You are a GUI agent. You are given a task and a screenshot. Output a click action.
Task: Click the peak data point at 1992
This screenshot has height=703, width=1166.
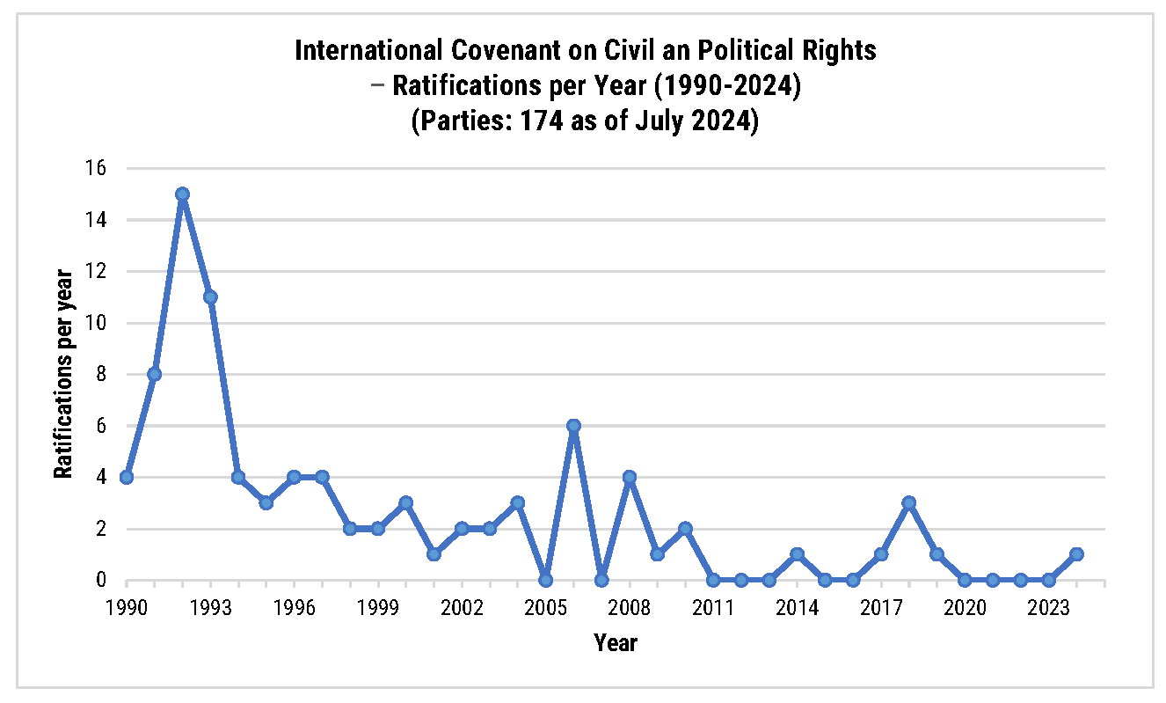click(x=182, y=194)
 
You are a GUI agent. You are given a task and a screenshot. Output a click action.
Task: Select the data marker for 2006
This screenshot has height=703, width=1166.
click(x=573, y=426)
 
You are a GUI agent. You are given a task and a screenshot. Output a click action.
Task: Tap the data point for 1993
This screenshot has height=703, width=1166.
click(x=210, y=297)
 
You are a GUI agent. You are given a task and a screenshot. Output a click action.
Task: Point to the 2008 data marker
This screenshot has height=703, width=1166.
click(x=630, y=478)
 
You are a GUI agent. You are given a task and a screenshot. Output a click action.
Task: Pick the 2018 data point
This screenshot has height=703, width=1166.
click(x=909, y=503)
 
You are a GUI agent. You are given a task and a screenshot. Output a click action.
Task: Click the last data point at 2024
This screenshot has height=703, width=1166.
click(x=1077, y=554)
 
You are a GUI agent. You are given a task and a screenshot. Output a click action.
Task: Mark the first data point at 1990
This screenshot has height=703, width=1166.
click(x=127, y=478)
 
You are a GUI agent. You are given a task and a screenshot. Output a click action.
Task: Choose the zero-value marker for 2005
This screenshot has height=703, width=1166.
click(x=545, y=580)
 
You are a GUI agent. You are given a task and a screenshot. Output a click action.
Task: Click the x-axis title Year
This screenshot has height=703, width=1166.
click(x=615, y=643)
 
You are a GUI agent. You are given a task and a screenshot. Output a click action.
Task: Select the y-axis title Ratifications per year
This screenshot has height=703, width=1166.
click(x=63, y=374)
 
